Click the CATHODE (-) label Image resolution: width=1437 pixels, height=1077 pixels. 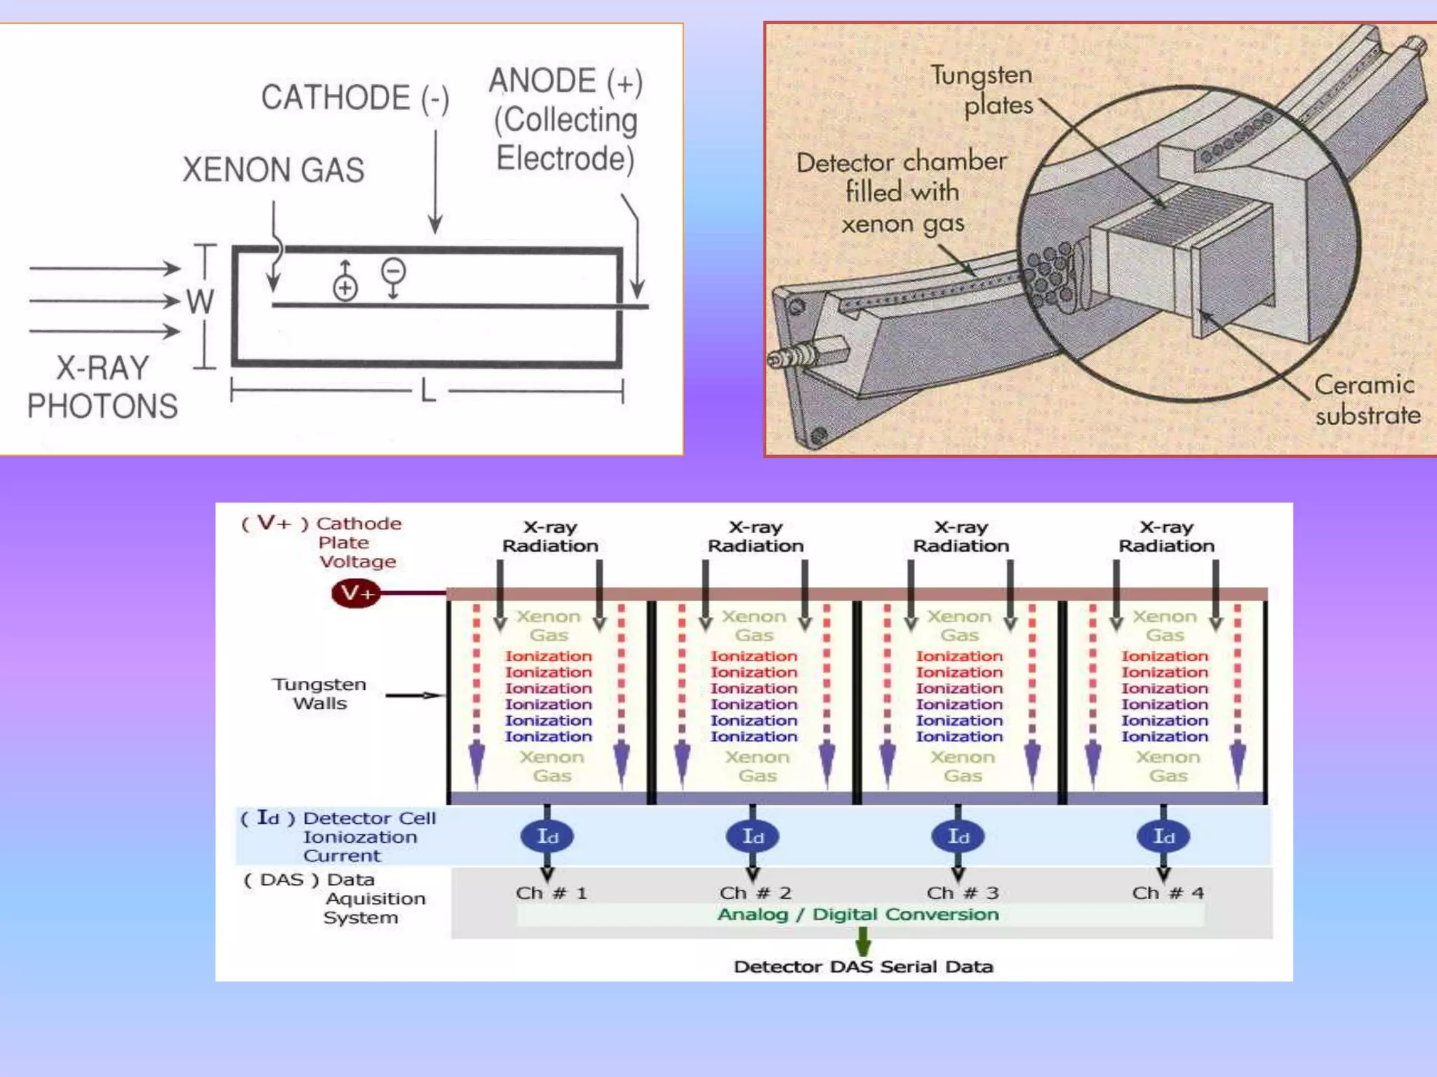click(354, 97)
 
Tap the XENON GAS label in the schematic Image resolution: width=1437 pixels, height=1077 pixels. click(274, 170)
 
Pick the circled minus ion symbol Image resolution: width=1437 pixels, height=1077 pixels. click(393, 271)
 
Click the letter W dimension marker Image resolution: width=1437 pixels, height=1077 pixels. click(200, 302)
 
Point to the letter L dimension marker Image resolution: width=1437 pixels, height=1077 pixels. click(428, 391)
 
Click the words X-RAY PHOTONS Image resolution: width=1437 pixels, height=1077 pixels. click(102, 388)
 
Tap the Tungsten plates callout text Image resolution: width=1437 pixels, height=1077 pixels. click(989, 90)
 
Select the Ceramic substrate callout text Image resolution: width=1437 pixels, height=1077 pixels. click(1366, 400)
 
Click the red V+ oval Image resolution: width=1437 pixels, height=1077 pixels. click(356, 593)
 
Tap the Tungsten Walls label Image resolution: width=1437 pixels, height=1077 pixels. click(320, 693)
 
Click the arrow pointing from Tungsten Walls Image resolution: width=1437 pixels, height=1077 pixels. click(414, 696)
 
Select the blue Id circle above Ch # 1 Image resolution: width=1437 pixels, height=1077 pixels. click(547, 836)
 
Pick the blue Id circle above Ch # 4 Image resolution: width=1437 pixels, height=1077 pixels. click(1163, 836)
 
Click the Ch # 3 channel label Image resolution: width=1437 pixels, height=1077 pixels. click(962, 893)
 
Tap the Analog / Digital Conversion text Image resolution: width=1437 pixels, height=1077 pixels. click(857, 914)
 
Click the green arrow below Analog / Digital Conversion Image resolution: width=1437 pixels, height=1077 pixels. click(863, 941)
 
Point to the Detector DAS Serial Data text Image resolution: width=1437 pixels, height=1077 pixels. click(863, 967)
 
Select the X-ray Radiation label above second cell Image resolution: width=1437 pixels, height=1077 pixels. click(756, 536)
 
